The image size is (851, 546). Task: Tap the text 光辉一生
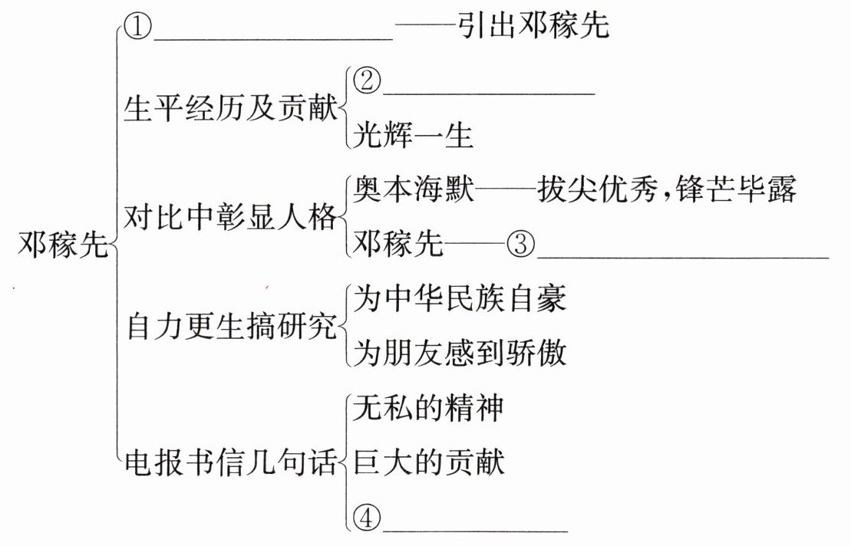413,136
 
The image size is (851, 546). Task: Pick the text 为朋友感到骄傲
459,354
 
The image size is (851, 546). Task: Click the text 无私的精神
428,409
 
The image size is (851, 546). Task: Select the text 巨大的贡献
428,463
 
